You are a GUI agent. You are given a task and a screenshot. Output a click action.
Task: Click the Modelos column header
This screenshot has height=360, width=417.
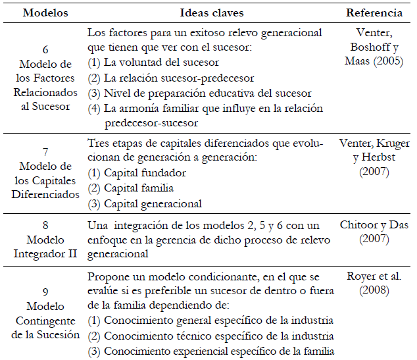(44, 13)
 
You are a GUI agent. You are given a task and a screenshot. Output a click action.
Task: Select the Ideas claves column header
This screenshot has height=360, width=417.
(212, 13)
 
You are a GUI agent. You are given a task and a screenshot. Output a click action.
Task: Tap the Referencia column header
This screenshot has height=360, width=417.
(374, 13)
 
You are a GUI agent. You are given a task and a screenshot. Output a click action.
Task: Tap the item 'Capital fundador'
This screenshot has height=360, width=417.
(145, 173)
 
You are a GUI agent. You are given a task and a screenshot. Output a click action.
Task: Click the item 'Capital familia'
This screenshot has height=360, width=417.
(141, 188)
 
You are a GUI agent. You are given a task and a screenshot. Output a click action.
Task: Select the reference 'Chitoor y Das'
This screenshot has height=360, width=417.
(375, 225)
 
